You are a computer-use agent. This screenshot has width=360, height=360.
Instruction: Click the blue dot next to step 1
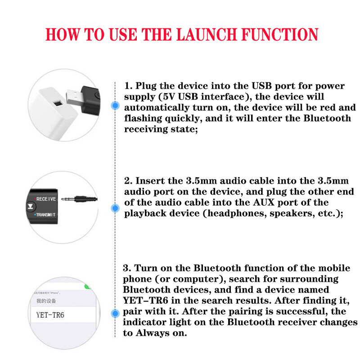[x=116, y=106]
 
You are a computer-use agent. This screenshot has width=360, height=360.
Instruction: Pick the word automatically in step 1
[x=155, y=108]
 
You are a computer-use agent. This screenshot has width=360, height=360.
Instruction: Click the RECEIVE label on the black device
[x=46, y=198]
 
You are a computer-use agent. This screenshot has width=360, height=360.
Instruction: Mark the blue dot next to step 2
[x=116, y=208]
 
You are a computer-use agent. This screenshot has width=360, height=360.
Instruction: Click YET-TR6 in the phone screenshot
[x=50, y=315]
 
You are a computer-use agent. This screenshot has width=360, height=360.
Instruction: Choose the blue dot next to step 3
[x=116, y=312]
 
